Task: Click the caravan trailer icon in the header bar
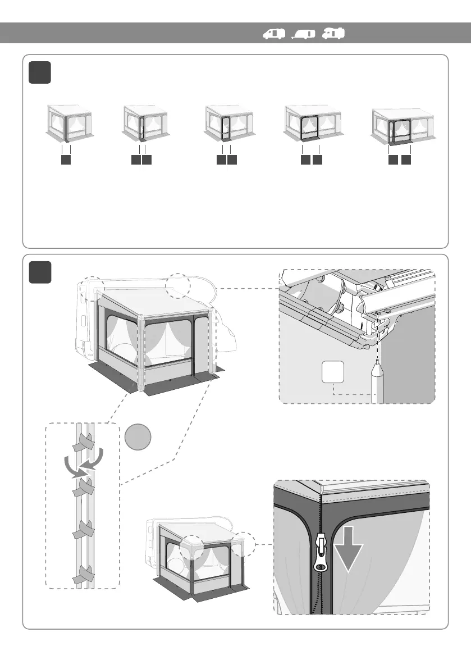point(304,34)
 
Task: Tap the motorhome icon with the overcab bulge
point(333,34)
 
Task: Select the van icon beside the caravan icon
point(275,34)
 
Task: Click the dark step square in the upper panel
point(40,73)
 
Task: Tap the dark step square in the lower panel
point(40,272)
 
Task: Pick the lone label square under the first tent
point(66,160)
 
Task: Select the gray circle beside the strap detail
point(138,438)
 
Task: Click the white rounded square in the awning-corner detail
point(333,374)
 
